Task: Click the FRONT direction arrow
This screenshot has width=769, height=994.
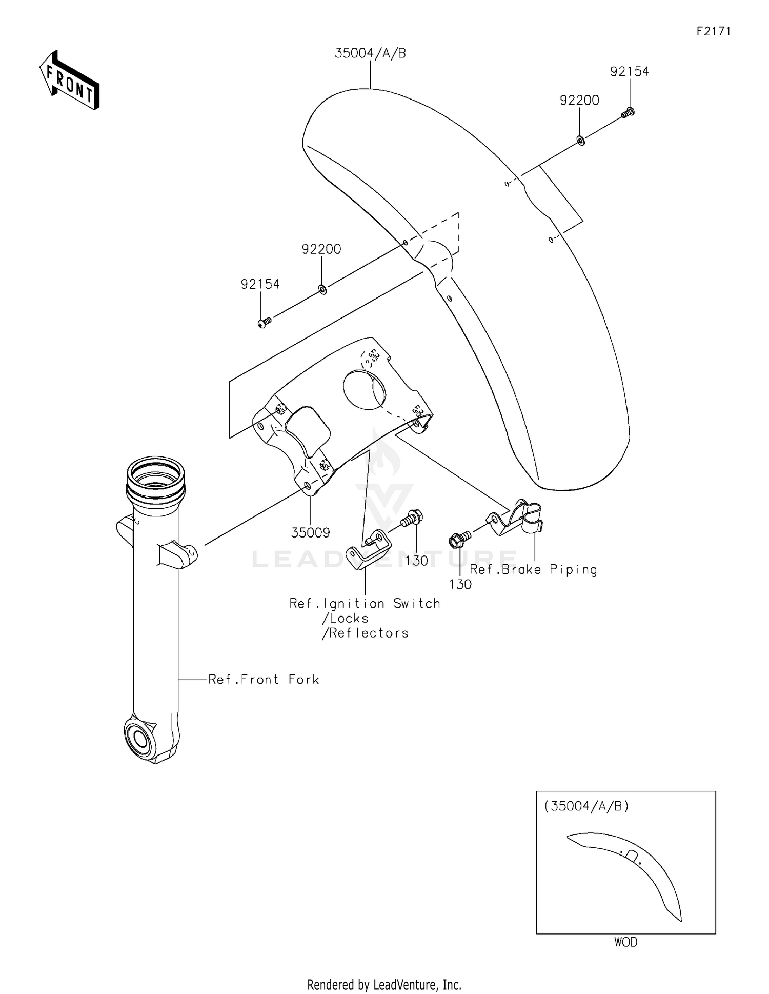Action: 70,81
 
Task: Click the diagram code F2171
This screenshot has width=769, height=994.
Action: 713,31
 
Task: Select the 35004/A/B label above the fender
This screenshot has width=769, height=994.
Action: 370,53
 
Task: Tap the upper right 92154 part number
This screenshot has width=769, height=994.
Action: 629,72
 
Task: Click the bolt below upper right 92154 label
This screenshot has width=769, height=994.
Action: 628,112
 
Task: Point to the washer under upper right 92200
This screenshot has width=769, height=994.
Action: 581,140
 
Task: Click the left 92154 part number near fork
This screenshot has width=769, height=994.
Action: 260,284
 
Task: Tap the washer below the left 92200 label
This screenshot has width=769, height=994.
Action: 322,290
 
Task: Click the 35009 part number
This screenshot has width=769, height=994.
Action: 310,533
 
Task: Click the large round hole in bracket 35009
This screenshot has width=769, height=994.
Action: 364,390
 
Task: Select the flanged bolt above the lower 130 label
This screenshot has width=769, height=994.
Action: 458,540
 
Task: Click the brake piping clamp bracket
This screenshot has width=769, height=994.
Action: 518,518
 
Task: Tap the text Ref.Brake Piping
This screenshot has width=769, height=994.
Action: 533,570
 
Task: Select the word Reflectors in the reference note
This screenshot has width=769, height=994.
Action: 368,633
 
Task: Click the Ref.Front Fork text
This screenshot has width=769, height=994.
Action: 264,680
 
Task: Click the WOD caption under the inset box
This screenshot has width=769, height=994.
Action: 625,942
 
